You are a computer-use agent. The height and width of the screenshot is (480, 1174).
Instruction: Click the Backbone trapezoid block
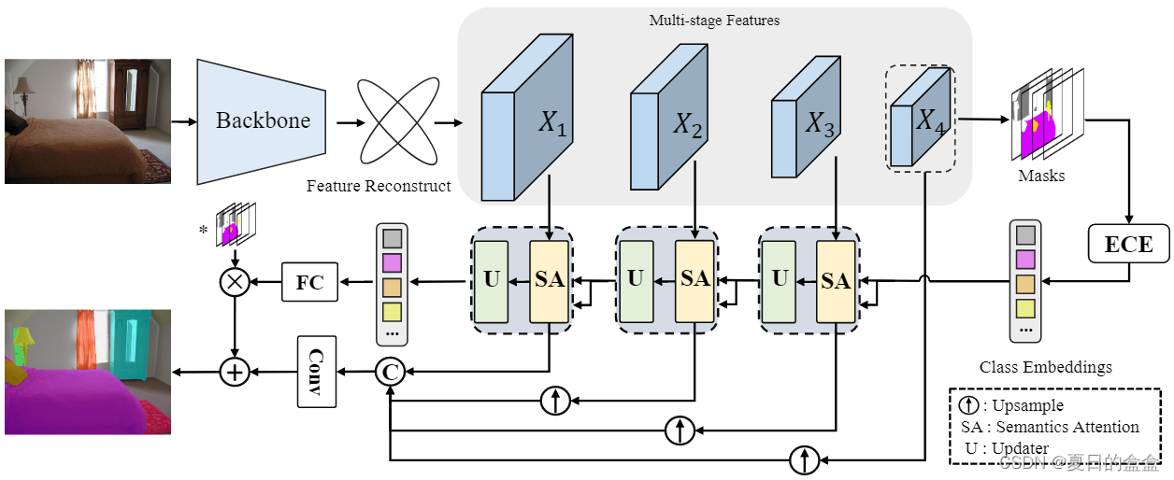pos(261,121)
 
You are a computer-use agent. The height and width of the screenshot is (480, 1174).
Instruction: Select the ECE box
pos(1128,245)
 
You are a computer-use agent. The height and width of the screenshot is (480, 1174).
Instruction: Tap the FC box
pos(309,282)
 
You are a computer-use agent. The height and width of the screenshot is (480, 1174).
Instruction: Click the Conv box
pos(316,371)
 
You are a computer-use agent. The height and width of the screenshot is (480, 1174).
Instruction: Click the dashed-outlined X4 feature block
pos(920,119)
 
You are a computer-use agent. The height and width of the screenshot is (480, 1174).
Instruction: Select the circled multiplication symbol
pos(234,282)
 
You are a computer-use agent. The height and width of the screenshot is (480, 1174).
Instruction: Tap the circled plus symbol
pos(234,372)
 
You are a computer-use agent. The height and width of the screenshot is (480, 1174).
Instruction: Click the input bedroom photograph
pos(88,121)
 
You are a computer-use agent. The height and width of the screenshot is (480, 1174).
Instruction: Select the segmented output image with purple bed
pos(88,372)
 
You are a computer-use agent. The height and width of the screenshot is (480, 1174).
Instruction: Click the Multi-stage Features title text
pos(714,21)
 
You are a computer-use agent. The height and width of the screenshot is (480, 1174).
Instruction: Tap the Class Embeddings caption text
pos(1046,367)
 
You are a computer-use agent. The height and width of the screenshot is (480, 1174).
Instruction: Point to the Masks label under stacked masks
pos(1041,175)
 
